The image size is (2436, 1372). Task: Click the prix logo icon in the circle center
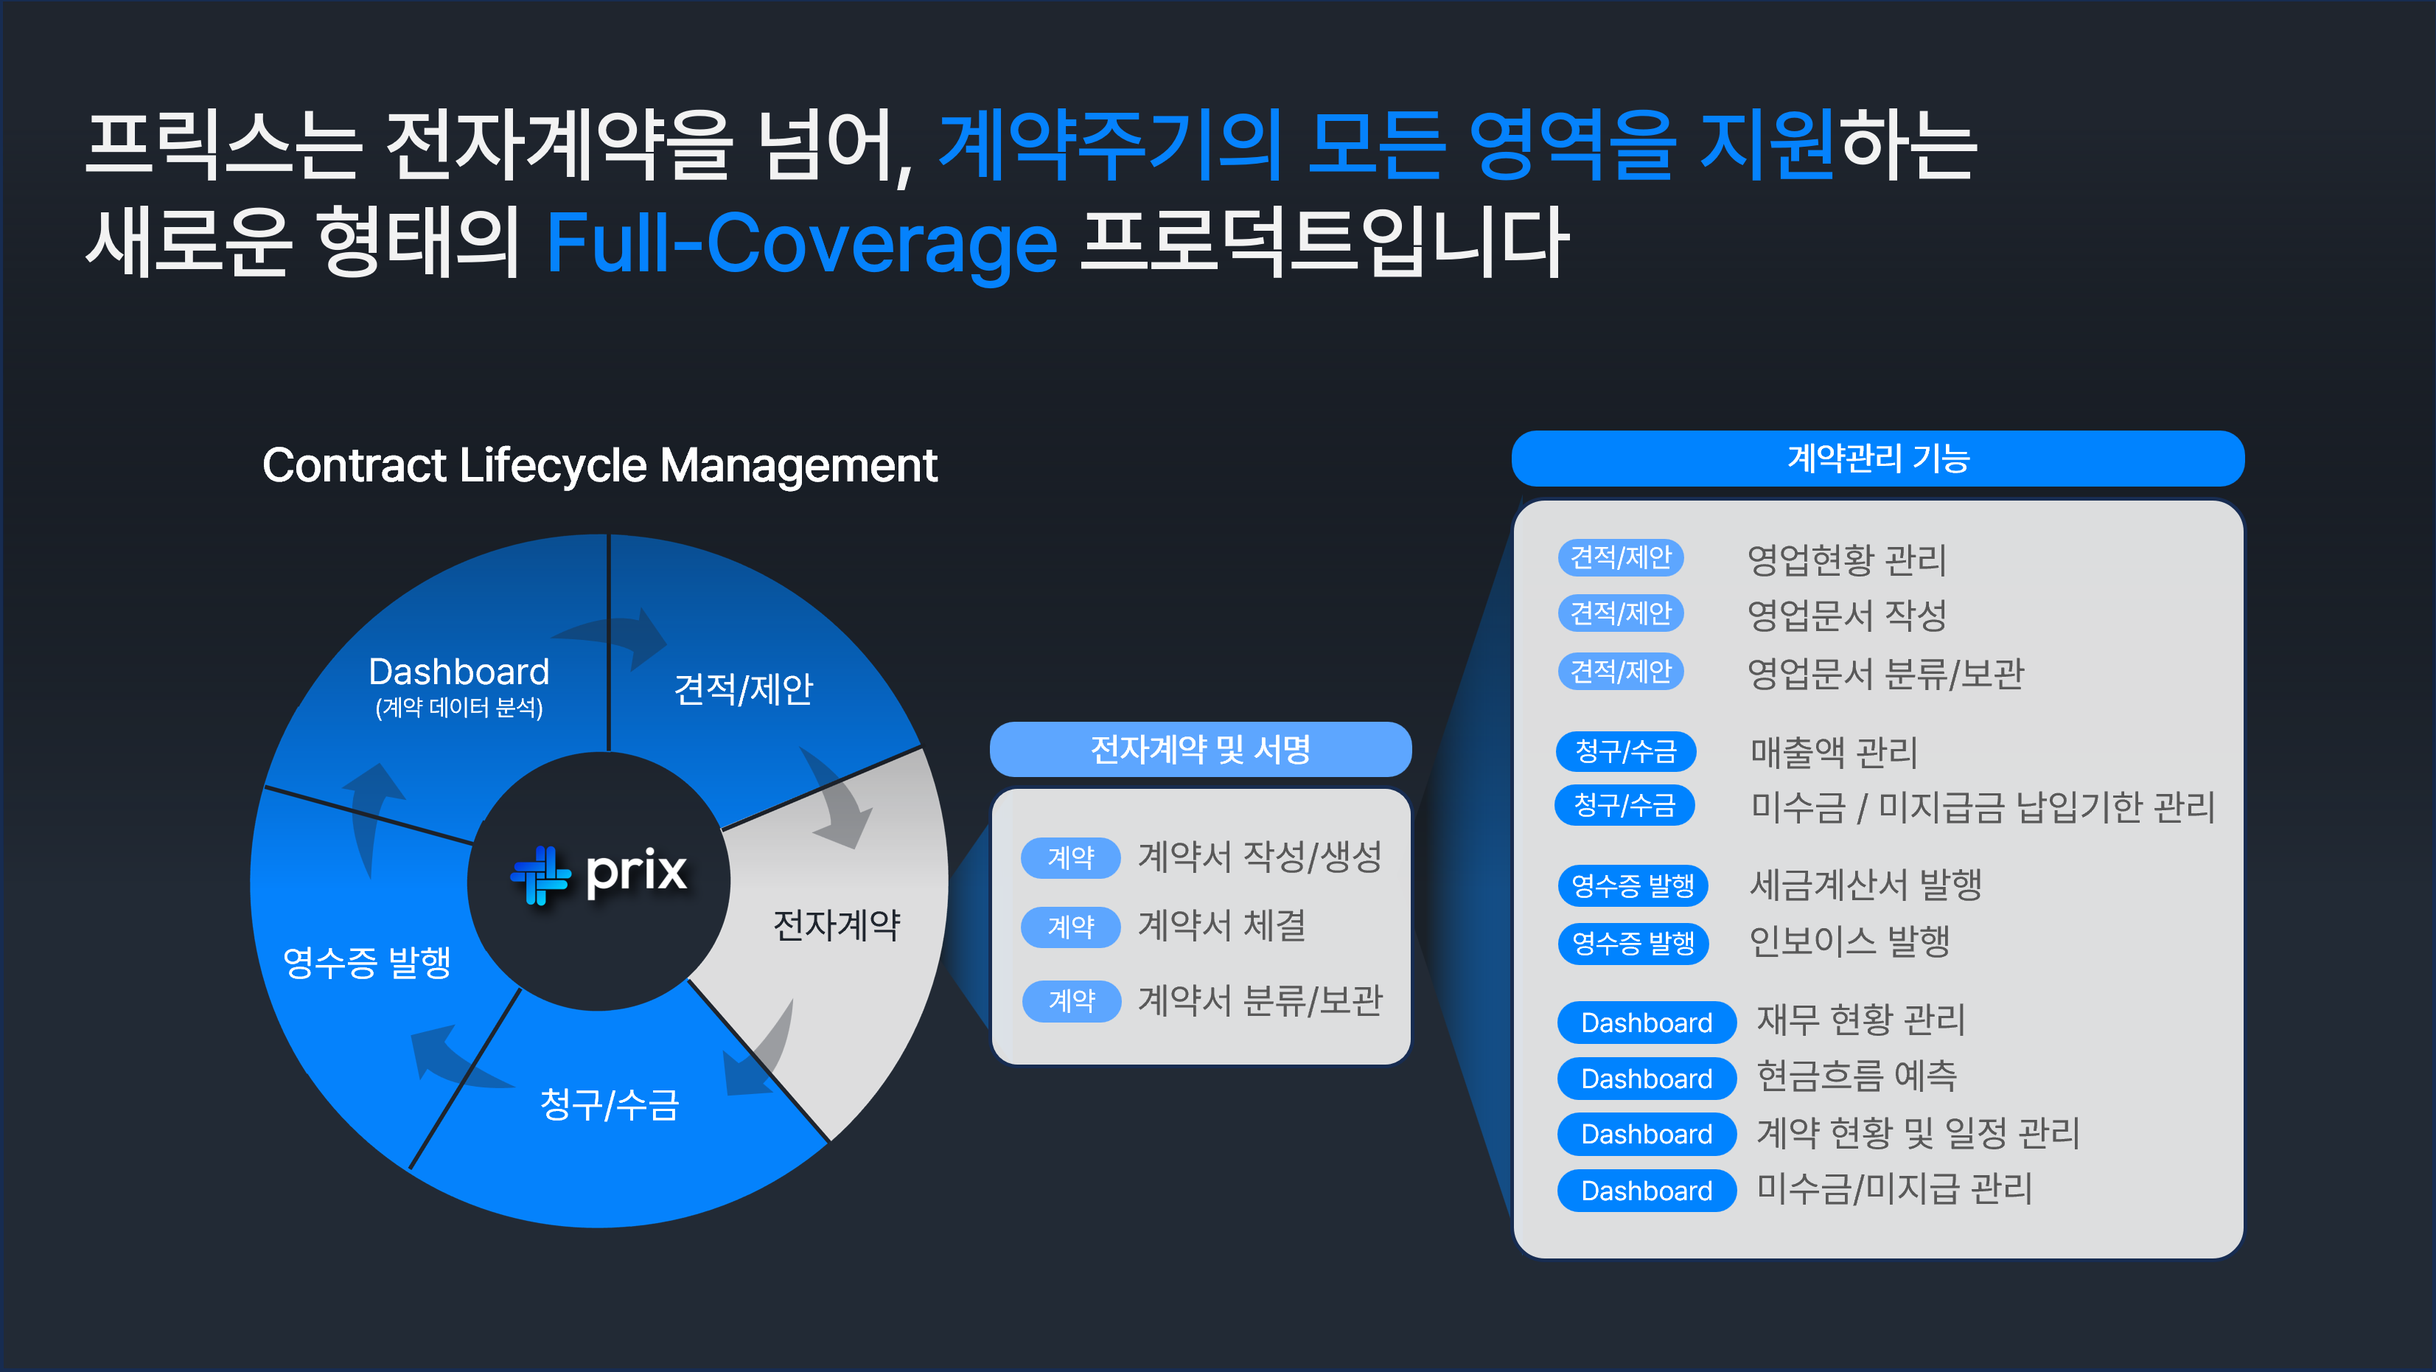pyautogui.click(x=540, y=874)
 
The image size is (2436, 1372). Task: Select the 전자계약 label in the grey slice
pyautogui.click(x=836, y=924)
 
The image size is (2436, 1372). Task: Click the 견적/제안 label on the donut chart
pyautogui.click(x=743, y=689)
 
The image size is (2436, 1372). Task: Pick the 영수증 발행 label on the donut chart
pyautogui.click(x=367, y=963)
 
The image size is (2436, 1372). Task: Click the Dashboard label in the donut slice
pyautogui.click(x=458, y=672)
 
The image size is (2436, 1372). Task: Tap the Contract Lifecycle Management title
pyautogui.click(x=598, y=465)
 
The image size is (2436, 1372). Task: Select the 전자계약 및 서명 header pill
pyautogui.click(x=1200, y=750)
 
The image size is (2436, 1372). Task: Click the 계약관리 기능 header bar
pyautogui.click(x=1877, y=459)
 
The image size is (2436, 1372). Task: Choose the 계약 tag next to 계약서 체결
pyautogui.click(x=1070, y=927)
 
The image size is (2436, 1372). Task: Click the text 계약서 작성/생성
pyautogui.click(x=1260, y=857)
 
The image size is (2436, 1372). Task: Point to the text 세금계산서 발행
pyautogui.click(x=1865, y=885)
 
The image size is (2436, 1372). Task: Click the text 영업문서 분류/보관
pyautogui.click(x=1885, y=673)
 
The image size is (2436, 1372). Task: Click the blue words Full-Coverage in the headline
pyautogui.click(x=801, y=244)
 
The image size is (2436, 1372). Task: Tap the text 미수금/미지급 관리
pyautogui.click(x=1894, y=1188)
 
